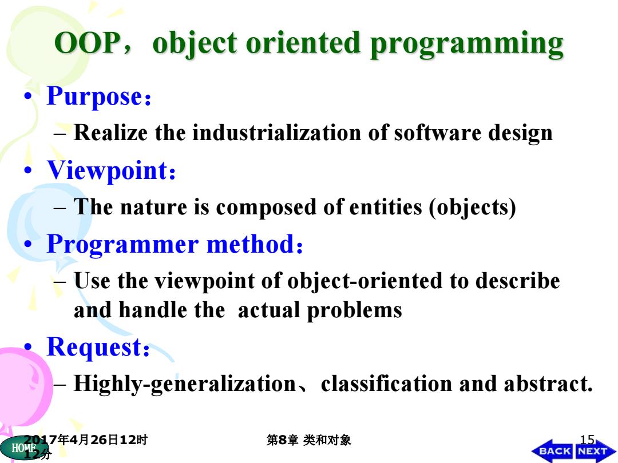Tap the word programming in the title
467,45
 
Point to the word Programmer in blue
122,245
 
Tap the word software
437,132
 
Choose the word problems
354,311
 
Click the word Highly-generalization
185,384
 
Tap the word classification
386,384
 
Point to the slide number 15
587,439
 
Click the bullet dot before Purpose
27,96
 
